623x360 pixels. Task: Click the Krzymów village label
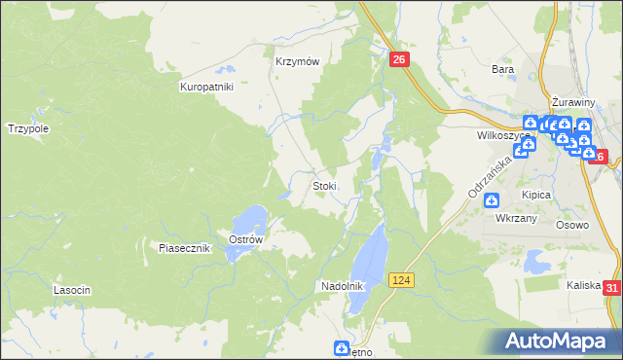click(297, 60)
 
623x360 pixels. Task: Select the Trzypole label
click(28, 128)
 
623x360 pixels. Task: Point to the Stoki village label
click(324, 186)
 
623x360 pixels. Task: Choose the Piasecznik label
click(185, 248)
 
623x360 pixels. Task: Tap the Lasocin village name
click(72, 291)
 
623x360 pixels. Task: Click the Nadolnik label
click(343, 286)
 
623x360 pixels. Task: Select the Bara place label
click(502, 70)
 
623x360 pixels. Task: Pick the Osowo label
click(572, 225)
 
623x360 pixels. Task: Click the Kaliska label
click(583, 285)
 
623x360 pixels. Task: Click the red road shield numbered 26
click(400, 60)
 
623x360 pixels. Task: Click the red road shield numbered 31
click(611, 288)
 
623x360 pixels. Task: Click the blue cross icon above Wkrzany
click(492, 200)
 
